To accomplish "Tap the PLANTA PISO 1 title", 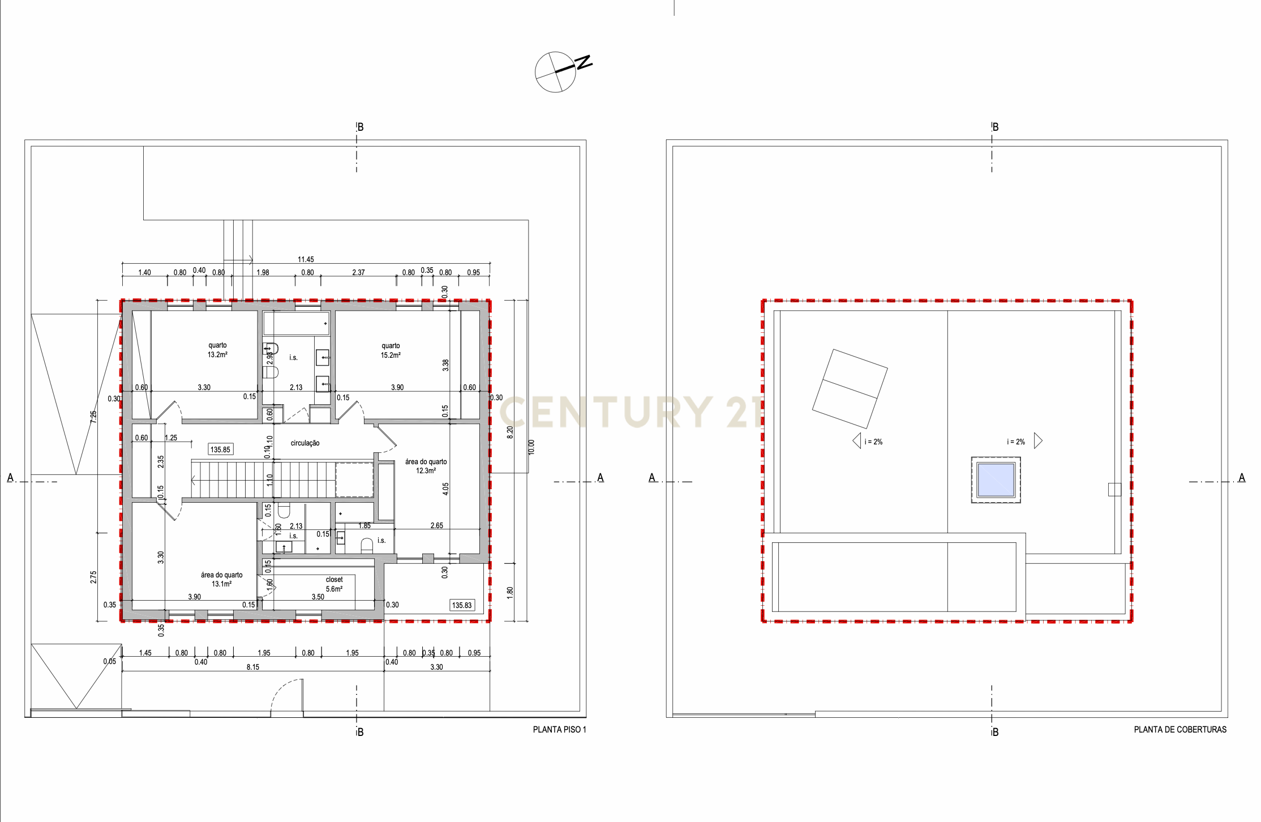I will (559, 730).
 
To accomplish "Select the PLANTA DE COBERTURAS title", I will (1179, 730).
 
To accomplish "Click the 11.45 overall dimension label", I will (306, 259).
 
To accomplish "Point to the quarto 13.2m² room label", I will (217, 350).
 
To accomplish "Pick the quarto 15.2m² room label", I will (391, 350).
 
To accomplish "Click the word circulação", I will (305, 443).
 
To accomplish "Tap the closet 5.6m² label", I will (334, 584).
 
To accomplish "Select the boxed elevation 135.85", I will (220, 449).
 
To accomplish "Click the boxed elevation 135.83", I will (462, 605).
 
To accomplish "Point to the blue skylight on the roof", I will (996, 480).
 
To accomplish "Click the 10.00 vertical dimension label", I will (531, 447).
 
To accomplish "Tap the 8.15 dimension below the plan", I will (253, 667).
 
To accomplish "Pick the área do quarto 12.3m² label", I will (426, 466).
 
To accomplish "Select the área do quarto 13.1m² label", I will (221, 579).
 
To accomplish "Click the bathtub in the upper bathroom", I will (296, 324).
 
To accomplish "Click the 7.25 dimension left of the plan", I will (93, 417).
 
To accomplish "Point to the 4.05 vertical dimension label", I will (445, 489).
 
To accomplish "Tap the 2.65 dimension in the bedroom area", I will (437, 525).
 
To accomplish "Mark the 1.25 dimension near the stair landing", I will (171, 438).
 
